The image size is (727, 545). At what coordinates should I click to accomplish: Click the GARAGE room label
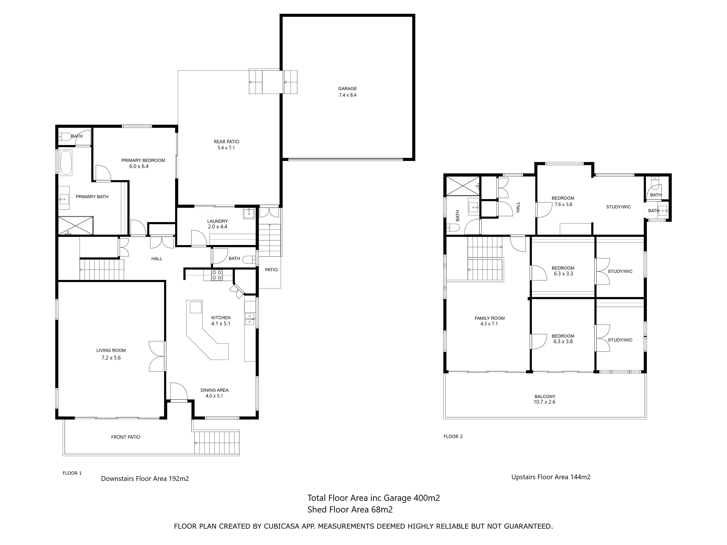[x=347, y=89]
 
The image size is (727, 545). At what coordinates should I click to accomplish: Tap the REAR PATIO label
[x=226, y=142]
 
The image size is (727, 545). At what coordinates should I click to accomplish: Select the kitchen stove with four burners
[x=217, y=275]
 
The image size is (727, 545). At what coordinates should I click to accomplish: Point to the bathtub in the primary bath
[x=66, y=163]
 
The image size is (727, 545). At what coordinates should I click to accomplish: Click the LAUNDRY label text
[x=217, y=221]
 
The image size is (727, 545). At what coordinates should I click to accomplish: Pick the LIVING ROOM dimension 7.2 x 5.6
[x=111, y=358]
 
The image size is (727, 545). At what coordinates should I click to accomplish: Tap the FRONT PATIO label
[x=126, y=437]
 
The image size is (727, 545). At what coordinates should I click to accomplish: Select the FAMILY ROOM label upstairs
[x=489, y=318]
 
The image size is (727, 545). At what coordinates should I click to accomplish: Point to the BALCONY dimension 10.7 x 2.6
[x=545, y=402]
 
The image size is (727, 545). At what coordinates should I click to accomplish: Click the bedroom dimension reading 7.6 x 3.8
[x=563, y=204]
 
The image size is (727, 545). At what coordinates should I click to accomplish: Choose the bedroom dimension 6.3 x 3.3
[x=563, y=274]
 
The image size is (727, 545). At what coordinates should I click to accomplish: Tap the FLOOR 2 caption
[x=453, y=436]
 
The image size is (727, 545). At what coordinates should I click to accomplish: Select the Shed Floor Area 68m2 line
[x=350, y=510]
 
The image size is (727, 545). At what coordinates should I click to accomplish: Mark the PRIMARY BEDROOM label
[x=143, y=160]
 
